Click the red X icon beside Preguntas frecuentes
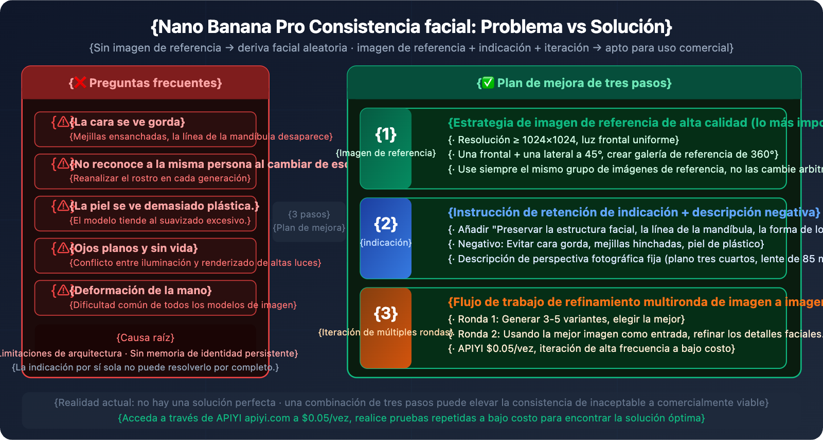pyautogui.click(x=79, y=82)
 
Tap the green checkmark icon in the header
pyautogui.click(x=488, y=82)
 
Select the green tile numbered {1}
pyautogui.click(x=386, y=148)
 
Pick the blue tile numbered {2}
pyautogui.click(x=386, y=238)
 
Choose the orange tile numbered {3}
pyautogui.click(x=386, y=328)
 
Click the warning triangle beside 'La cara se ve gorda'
pyautogui.click(x=63, y=122)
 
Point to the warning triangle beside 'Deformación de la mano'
pyautogui.click(x=63, y=290)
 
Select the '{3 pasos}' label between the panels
pyautogui.click(x=309, y=214)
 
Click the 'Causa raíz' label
pyautogui.click(x=146, y=338)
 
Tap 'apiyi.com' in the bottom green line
pyautogui.click(x=267, y=418)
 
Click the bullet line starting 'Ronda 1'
pyautogui.click(x=569, y=319)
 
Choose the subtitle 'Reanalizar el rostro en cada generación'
pyautogui.click(x=160, y=178)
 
